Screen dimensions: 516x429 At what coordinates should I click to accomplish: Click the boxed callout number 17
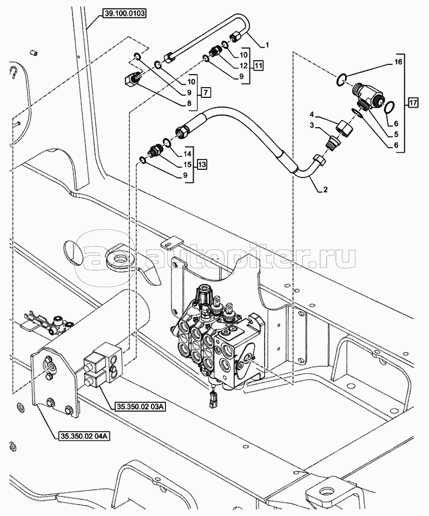(x=413, y=102)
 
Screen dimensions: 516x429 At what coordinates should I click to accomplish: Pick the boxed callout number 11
(x=259, y=65)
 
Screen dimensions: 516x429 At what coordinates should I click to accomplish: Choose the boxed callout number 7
(x=206, y=92)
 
